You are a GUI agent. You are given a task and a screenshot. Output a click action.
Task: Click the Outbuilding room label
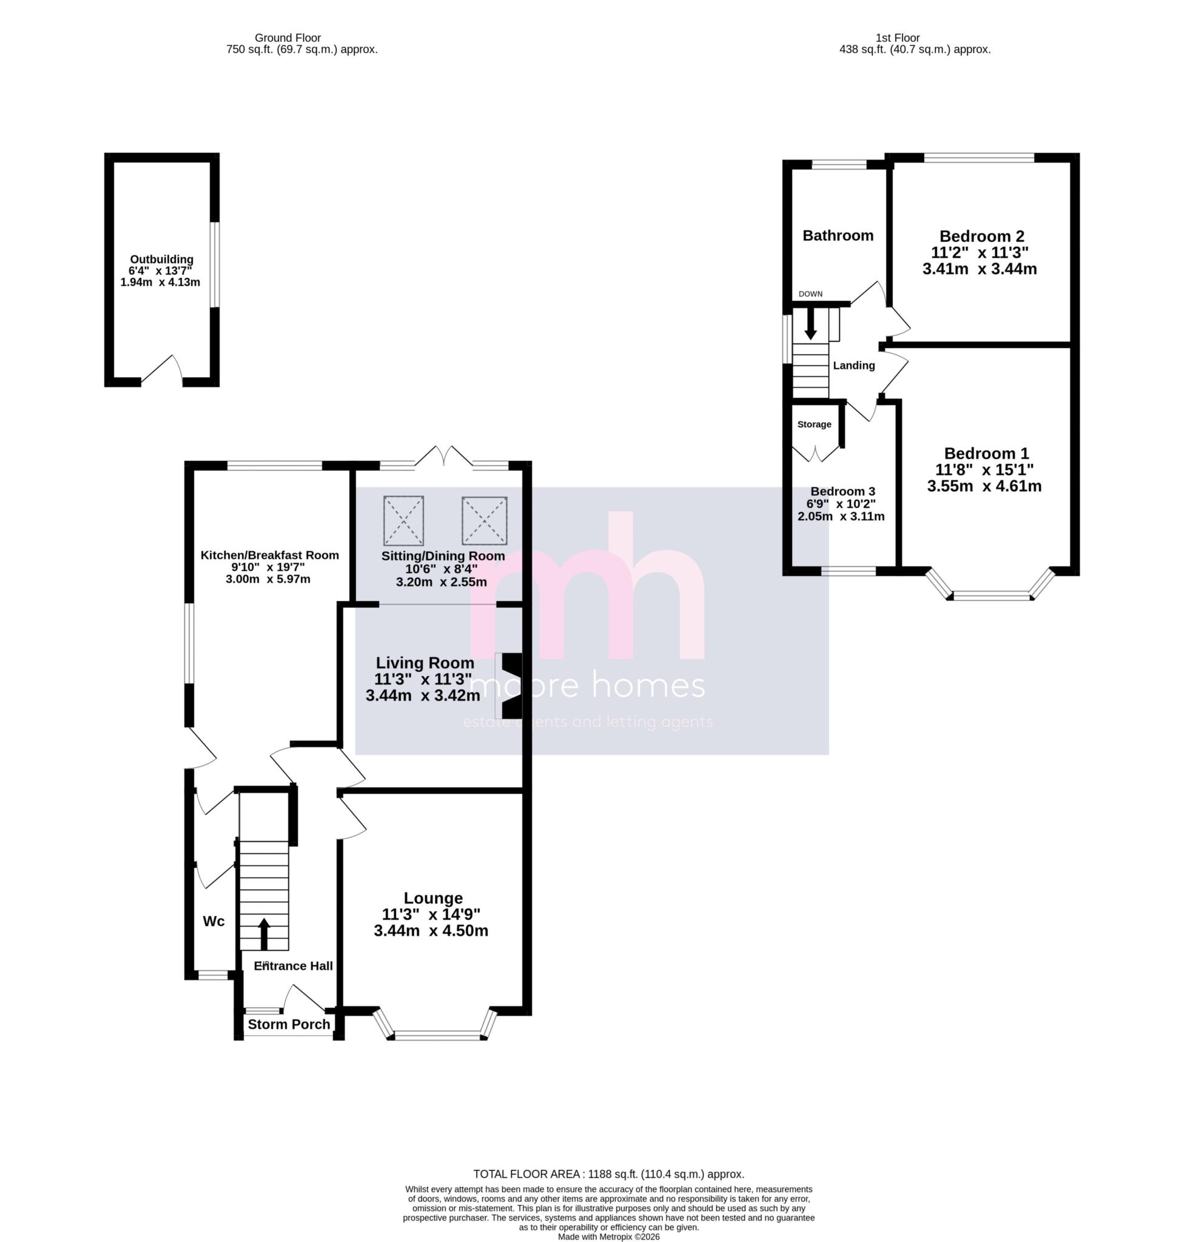161,260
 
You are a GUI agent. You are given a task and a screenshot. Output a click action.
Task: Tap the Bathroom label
838,235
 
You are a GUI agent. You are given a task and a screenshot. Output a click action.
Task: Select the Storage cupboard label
813,424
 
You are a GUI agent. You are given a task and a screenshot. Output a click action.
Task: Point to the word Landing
853,366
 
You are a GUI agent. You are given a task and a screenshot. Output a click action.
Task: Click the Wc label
214,921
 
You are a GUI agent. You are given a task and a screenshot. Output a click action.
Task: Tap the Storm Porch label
289,1024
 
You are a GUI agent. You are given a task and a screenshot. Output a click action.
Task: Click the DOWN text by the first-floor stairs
810,294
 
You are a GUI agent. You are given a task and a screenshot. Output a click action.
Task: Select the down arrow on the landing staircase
810,323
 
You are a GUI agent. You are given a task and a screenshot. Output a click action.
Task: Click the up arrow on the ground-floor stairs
264,934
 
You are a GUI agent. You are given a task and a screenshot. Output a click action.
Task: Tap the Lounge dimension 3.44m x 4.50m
431,931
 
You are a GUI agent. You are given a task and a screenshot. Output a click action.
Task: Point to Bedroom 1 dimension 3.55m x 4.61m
984,486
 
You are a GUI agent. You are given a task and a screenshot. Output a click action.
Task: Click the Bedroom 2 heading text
981,236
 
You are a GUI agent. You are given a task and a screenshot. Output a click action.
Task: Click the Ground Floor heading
288,38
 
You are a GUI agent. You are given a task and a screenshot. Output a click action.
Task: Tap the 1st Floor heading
897,38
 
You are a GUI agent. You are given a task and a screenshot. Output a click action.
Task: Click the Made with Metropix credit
608,1237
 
